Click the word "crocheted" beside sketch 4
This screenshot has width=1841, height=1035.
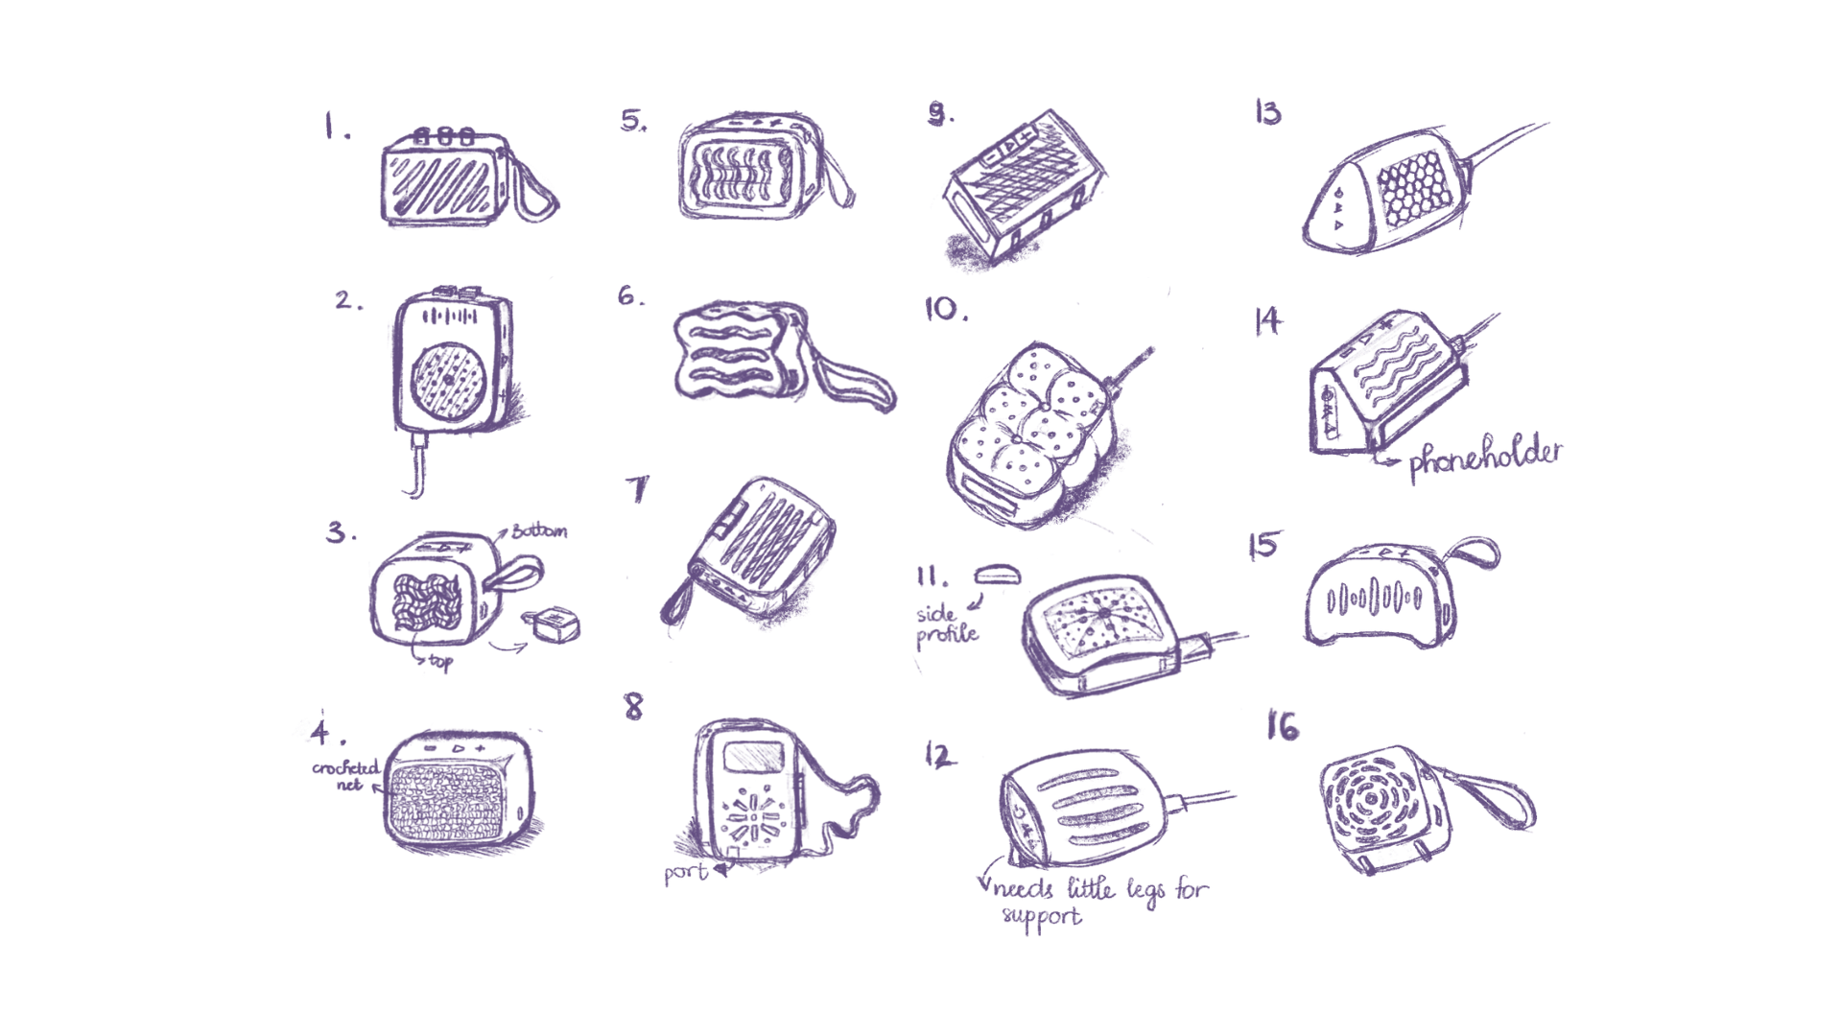click(345, 767)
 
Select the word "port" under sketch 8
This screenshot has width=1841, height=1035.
click(686, 873)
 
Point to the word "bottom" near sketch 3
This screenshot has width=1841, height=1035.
click(539, 529)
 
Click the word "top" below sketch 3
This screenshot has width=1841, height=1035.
click(440, 662)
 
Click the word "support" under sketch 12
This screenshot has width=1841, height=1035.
click(1042, 917)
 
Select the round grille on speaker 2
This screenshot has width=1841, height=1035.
click(449, 379)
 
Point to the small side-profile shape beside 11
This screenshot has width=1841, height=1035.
click(998, 575)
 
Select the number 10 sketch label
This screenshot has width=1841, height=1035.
click(945, 309)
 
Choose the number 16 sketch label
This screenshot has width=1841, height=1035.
click(1283, 726)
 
